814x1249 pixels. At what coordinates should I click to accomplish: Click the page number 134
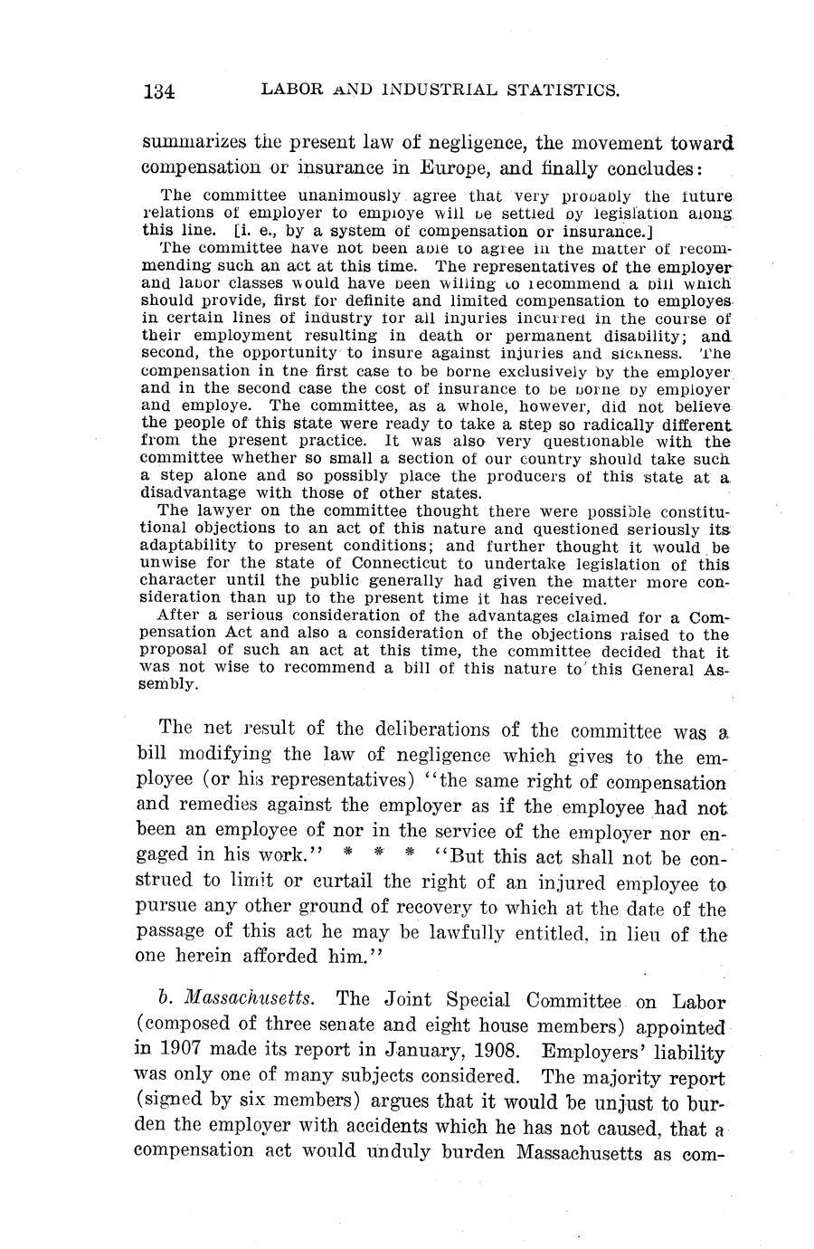point(158,90)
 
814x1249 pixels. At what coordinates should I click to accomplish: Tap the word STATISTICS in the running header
point(566,90)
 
